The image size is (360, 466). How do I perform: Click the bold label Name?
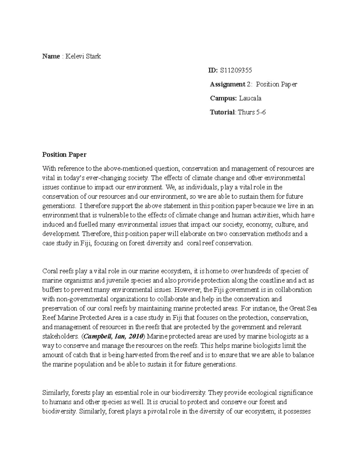[x=51, y=56]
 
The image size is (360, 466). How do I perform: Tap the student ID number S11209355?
[x=236, y=71]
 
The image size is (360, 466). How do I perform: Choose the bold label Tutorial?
[x=222, y=113]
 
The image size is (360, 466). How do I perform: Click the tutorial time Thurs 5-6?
[x=252, y=113]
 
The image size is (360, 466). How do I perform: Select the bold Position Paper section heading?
[x=64, y=155]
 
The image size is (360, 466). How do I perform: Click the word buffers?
[x=52, y=290]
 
